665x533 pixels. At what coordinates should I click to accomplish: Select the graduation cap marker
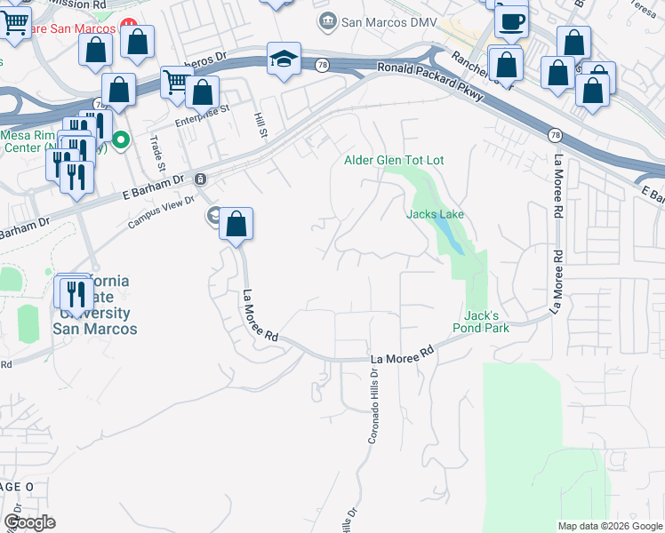284,60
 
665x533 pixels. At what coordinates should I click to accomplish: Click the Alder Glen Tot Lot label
394,160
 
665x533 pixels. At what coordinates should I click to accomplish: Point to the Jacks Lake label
436,214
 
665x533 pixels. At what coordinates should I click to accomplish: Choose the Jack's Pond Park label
486,322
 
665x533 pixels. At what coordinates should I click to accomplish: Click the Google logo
29,522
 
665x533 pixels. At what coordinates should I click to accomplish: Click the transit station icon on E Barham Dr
202,179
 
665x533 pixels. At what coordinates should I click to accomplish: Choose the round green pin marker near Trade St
121,139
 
